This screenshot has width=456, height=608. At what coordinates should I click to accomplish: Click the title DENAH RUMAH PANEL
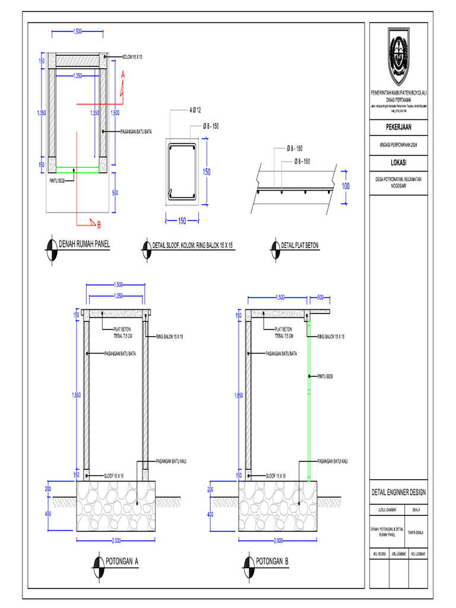coord(84,243)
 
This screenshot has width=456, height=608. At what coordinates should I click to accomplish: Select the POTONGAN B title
coord(273,560)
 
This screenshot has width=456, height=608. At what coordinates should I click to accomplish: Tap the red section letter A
coord(123,75)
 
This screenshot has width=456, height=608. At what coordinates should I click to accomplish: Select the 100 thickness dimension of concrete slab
coord(346,186)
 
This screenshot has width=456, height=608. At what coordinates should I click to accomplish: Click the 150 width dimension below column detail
coord(182,221)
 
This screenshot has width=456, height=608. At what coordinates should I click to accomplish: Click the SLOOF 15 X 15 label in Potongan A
coord(113,476)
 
